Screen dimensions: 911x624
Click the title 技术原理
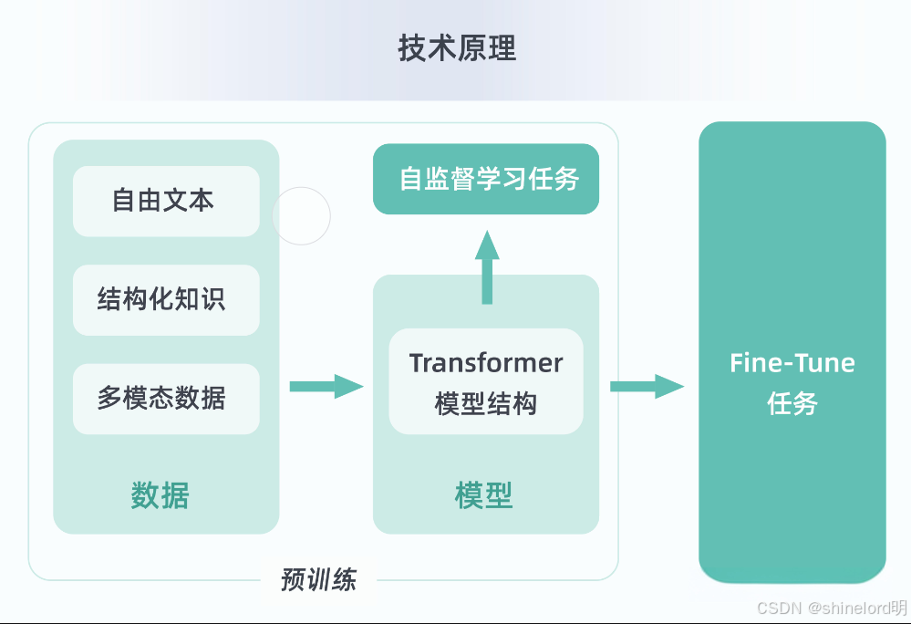point(457,48)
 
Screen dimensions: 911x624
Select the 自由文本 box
point(166,201)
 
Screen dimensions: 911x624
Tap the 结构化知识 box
point(166,300)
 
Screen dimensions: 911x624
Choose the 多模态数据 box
point(166,399)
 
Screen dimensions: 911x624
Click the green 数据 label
point(160,495)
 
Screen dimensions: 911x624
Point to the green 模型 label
point(484,495)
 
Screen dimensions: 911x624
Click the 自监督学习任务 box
point(486,179)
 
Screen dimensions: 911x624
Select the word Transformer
point(486,363)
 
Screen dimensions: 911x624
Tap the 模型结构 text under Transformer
point(486,403)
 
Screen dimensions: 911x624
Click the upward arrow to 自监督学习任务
point(487,267)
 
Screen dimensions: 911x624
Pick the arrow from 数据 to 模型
point(326,387)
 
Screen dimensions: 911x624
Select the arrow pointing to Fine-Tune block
point(647,387)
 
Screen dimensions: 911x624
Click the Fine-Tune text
point(792,363)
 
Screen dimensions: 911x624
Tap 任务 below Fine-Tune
point(792,403)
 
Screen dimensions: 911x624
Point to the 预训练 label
point(318,580)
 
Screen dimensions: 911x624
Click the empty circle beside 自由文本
point(302,187)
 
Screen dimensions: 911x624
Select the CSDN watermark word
point(779,608)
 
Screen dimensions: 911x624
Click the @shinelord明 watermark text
point(857,608)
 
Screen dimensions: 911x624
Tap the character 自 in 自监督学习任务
point(410,179)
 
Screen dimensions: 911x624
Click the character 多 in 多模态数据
point(109,399)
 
